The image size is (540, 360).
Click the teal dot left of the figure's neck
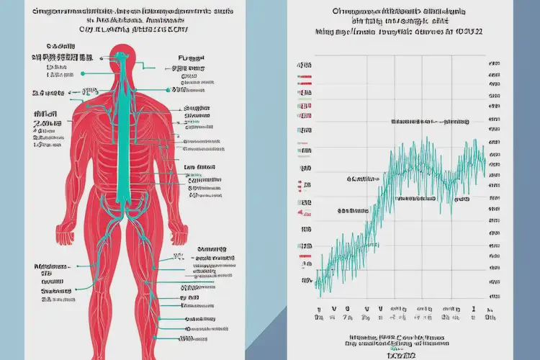(x=84, y=73)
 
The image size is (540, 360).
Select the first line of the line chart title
(x=398, y=12)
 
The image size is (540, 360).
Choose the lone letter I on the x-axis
(x=473, y=305)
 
